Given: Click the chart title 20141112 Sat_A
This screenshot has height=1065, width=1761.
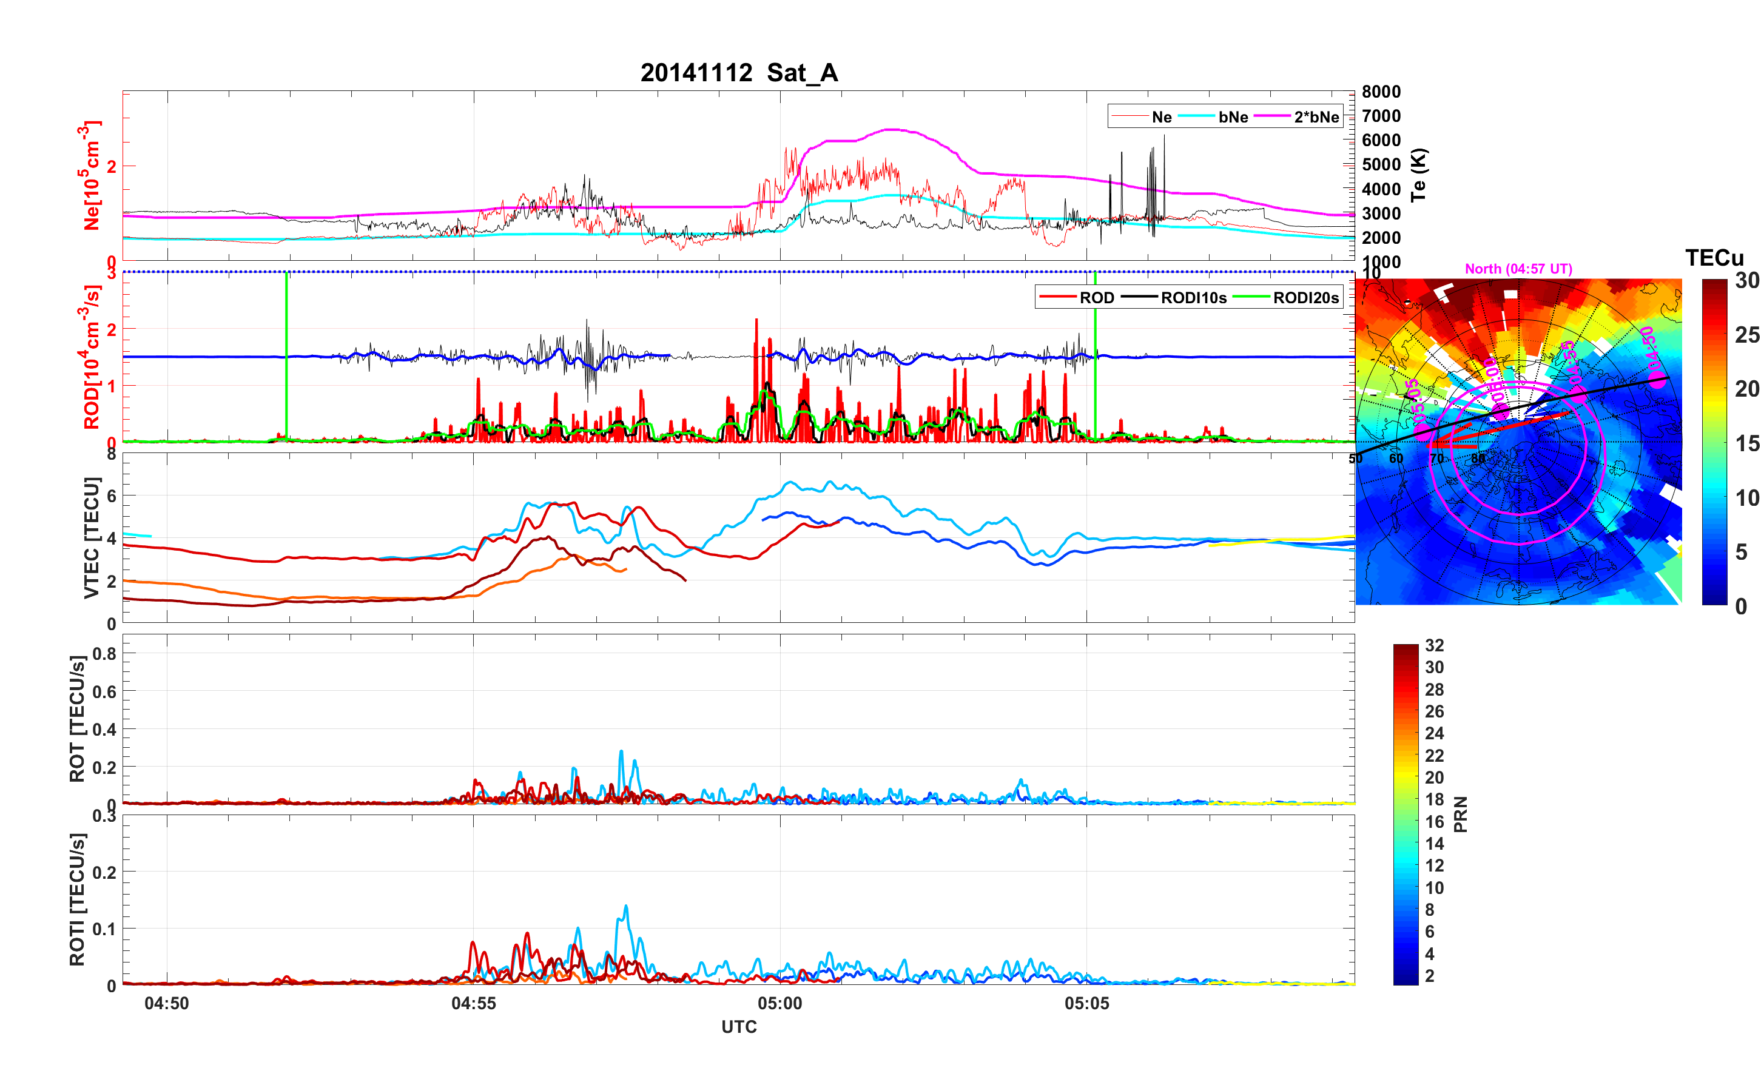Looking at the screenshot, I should (x=738, y=73).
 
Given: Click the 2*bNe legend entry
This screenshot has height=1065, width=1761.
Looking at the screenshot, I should (x=1316, y=117).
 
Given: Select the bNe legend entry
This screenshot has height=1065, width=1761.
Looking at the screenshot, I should (x=1233, y=117).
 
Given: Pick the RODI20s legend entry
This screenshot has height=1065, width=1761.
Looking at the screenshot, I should (x=1305, y=298).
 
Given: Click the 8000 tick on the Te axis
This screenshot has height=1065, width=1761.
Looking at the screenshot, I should (x=1381, y=92).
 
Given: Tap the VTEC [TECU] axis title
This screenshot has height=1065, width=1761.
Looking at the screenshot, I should (x=91, y=537).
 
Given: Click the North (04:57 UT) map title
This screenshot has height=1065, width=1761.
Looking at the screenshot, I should (x=1518, y=269).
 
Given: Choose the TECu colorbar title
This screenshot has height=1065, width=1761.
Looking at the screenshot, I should (x=1714, y=258).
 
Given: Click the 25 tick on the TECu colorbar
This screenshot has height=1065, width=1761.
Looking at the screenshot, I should (x=1746, y=335).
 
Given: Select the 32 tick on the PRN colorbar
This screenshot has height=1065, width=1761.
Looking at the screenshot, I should (x=1433, y=645).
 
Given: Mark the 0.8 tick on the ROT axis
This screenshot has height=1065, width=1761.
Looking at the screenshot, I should (x=104, y=653).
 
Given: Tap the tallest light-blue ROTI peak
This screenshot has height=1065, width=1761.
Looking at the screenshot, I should (x=626, y=906).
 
